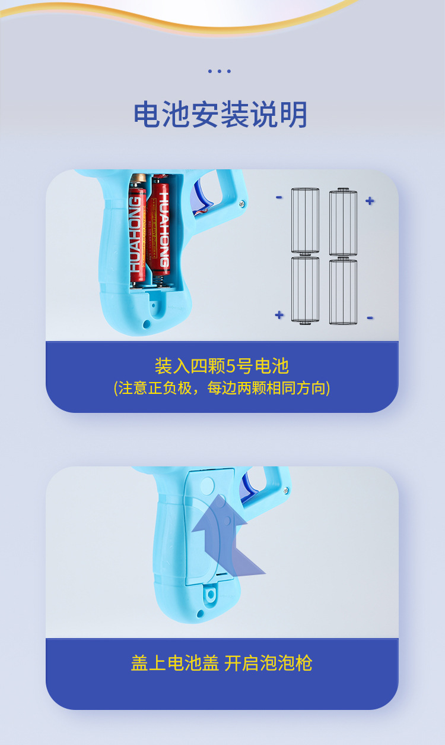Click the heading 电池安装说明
[221, 115]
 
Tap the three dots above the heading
[219, 71]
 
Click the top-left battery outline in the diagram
[305, 220]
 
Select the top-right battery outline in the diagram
[344, 222]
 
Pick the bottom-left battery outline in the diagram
[305, 289]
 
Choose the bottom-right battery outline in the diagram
[344, 291]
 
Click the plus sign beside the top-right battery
[370, 201]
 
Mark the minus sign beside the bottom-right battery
[370, 318]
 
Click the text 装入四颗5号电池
[221, 366]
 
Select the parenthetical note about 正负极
[221, 388]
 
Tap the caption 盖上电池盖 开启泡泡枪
[221, 663]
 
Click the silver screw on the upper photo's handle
[242, 204]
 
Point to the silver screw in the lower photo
[285, 491]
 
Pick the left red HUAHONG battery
[138, 232]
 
